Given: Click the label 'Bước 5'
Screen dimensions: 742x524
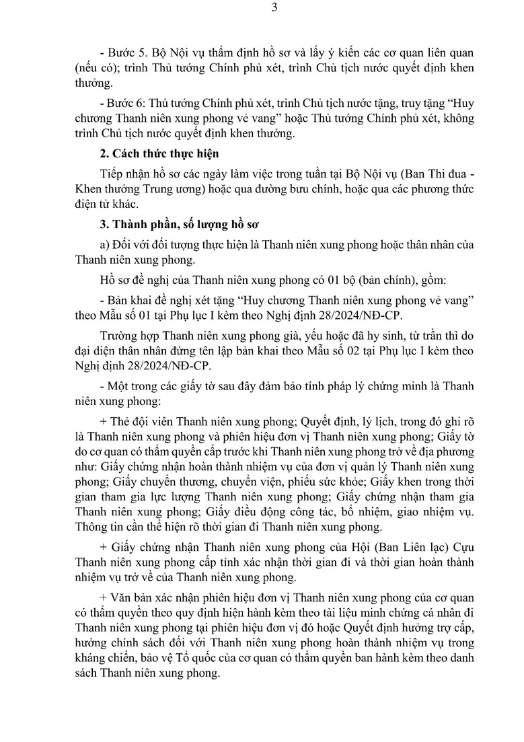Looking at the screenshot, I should click(x=120, y=52).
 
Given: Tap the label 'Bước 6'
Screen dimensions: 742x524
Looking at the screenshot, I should click(x=120, y=104).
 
